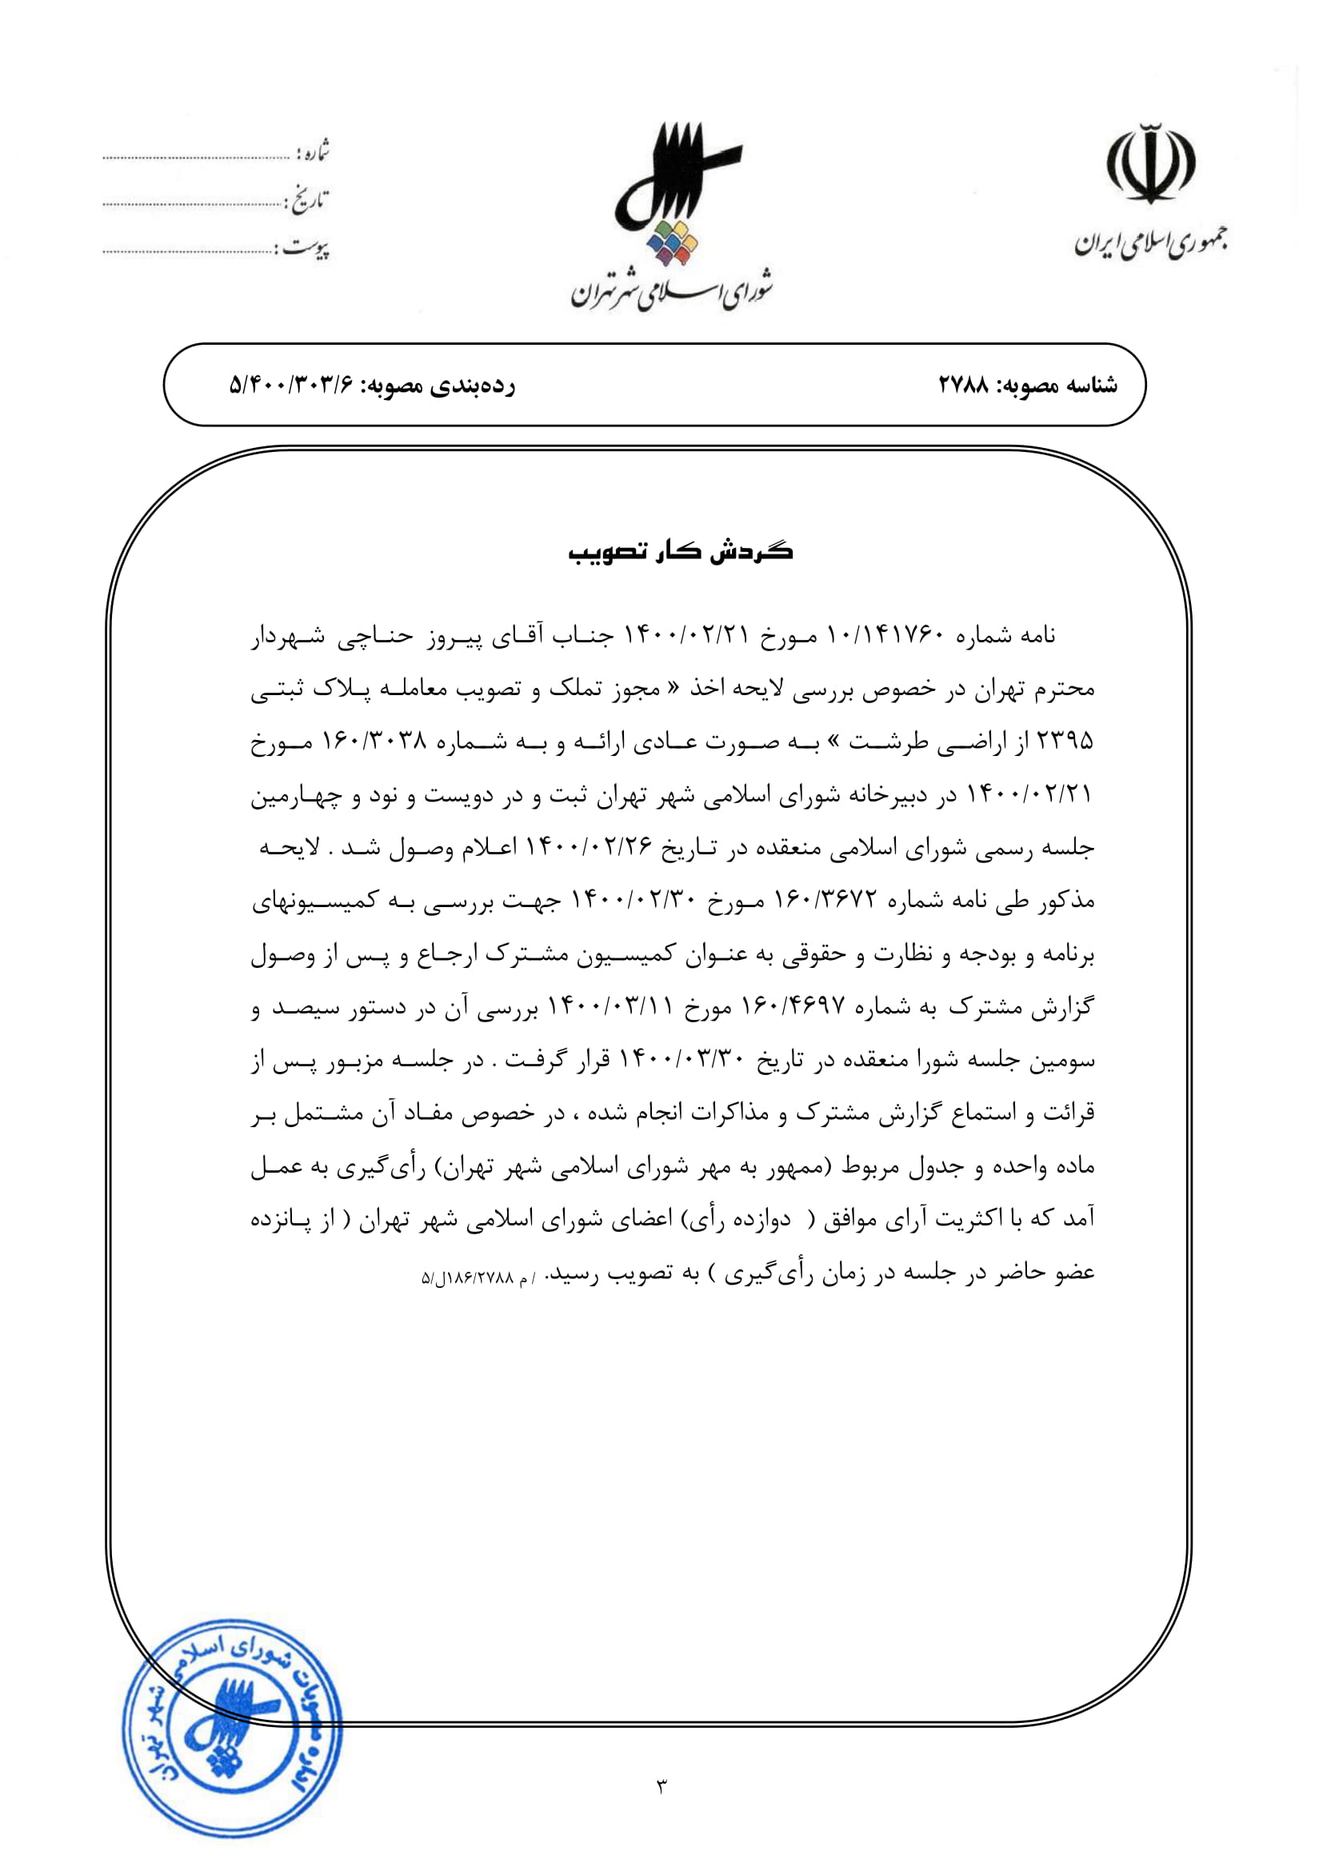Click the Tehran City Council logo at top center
pyautogui.click(x=673, y=195)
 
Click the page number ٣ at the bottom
pyautogui.click(x=661, y=1787)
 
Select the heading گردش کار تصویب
pyautogui.click(x=680, y=552)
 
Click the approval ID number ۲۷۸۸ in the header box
pyautogui.click(x=963, y=385)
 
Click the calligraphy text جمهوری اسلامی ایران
pyautogui.click(x=1149, y=242)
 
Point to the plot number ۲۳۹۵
pyautogui.click(x=1064, y=742)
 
